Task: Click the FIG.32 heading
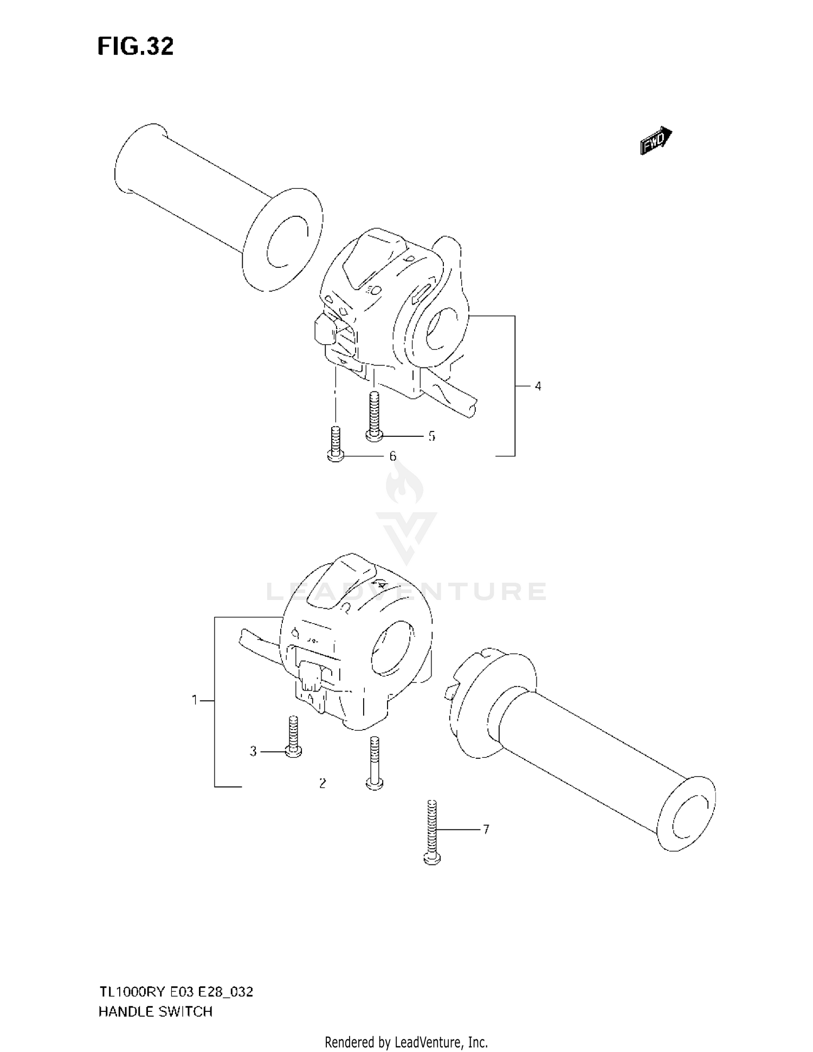[135, 47]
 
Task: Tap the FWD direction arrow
[656, 141]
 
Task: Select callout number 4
[538, 386]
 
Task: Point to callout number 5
[431, 436]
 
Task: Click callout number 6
[393, 456]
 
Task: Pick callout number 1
[195, 700]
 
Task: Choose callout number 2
[322, 783]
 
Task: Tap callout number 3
[253, 752]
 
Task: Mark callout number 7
[486, 829]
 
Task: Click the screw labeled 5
[373, 417]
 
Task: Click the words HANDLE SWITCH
[155, 1012]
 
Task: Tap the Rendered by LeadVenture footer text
[406, 1042]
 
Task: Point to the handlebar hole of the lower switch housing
[391, 648]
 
